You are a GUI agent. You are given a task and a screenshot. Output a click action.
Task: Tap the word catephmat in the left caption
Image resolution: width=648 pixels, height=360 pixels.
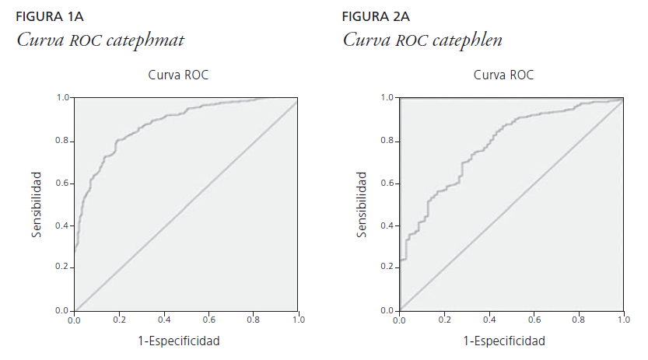click(152, 39)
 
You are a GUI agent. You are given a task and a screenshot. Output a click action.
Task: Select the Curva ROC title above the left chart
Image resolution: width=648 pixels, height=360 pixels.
click(178, 75)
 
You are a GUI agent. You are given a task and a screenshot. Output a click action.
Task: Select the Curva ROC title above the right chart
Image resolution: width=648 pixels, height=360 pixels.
click(503, 75)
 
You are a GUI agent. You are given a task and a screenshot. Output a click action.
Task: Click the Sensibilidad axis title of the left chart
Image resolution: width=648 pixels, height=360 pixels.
click(37, 205)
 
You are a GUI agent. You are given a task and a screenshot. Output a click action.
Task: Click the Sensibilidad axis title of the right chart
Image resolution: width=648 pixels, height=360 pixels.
click(363, 205)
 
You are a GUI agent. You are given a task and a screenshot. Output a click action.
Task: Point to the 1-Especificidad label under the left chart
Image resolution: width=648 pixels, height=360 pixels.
click(179, 341)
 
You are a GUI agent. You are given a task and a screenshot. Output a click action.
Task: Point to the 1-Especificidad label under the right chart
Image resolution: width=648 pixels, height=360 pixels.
click(504, 341)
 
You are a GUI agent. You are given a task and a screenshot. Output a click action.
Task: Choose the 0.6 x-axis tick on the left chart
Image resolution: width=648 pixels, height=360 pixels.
click(208, 320)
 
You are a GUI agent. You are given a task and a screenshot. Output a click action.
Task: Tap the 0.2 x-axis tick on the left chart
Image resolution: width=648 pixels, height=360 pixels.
click(119, 320)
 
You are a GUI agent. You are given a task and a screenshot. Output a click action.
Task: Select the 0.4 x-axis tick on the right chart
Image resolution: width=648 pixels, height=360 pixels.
click(489, 320)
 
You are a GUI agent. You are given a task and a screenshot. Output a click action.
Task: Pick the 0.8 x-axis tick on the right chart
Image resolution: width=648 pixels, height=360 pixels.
click(579, 320)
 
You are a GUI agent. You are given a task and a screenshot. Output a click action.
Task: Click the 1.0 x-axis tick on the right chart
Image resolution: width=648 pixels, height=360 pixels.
click(623, 320)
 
